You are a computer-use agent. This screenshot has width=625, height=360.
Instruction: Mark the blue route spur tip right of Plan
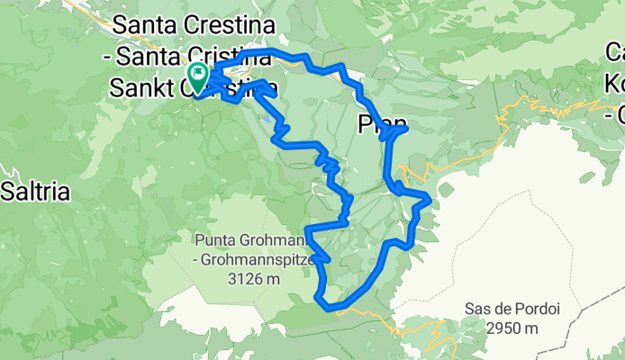[407, 129]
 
